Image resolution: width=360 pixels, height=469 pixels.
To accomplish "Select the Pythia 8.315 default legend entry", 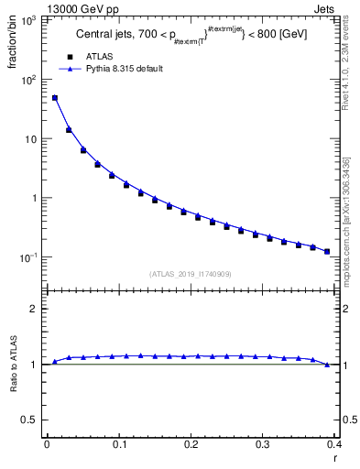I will pyautogui.click(x=124, y=69).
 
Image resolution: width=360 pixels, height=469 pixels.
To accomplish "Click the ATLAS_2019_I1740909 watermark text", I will pyautogui.click(x=191, y=274).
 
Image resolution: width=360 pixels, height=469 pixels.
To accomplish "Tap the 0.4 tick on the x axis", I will pyautogui.click(x=334, y=444).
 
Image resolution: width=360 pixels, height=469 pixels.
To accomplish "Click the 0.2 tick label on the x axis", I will pyautogui.click(x=191, y=444).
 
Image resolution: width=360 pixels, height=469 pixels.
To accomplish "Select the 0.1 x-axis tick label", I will pyautogui.click(x=119, y=444).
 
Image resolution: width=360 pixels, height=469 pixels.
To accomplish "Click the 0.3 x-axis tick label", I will pyautogui.click(x=263, y=444).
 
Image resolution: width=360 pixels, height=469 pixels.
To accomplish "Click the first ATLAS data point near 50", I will pyautogui.click(x=55, y=98).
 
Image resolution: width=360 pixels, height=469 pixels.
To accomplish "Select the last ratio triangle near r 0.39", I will pyautogui.click(x=327, y=365).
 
